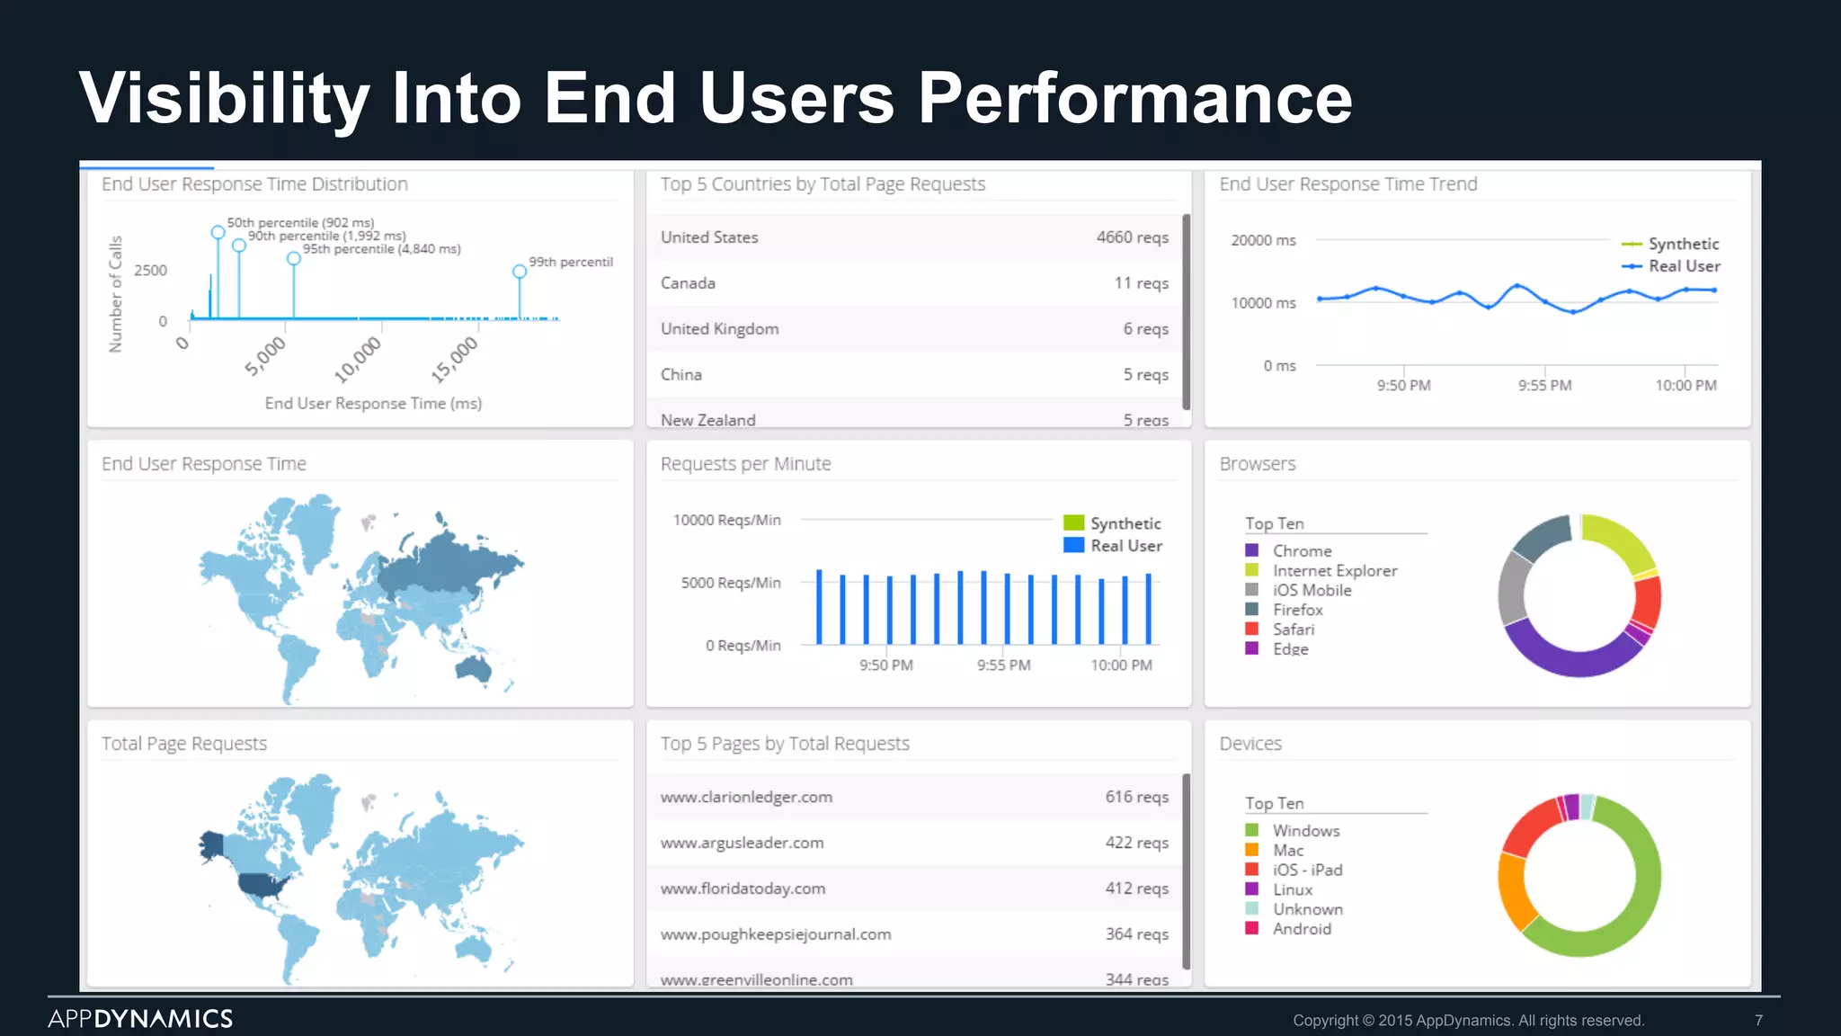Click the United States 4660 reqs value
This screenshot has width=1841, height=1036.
tap(1132, 237)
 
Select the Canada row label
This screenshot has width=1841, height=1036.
tap(688, 283)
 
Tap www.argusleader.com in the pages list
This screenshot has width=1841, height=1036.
tap(742, 843)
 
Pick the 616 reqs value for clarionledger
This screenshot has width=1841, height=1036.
tap(1136, 797)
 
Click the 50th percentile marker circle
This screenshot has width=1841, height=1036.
tap(218, 232)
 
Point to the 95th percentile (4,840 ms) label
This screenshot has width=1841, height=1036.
tap(381, 249)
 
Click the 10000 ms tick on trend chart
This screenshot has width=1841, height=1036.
tap(1263, 303)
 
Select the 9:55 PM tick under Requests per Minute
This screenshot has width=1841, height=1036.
tap(1003, 665)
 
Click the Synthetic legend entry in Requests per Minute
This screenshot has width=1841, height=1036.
tap(1125, 523)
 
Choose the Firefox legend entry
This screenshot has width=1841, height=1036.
tap(1297, 610)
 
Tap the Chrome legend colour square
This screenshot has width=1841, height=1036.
tap(1251, 550)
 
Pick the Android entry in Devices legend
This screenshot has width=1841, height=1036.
tap(1301, 929)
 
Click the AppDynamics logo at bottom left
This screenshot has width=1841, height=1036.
tap(140, 1019)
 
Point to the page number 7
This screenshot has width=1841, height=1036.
tap(1758, 1021)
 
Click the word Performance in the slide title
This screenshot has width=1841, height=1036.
tap(1134, 98)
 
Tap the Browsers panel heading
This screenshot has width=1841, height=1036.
tap(1257, 464)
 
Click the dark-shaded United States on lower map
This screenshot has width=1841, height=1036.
tap(266, 885)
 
